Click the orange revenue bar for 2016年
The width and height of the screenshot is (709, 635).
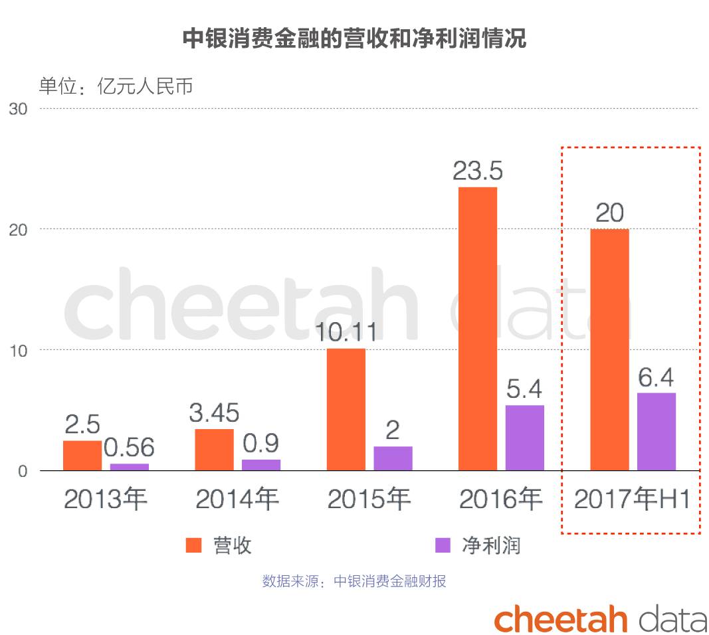tap(477, 329)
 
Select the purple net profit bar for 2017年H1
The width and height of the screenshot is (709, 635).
tap(656, 432)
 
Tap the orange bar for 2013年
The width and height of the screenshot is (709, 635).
tap(82, 456)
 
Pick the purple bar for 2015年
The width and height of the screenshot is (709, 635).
tap(393, 458)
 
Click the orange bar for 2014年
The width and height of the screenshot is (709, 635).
tap(214, 450)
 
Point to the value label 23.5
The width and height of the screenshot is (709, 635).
tap(477, 171)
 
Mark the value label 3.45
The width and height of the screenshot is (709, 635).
tap(213, 413)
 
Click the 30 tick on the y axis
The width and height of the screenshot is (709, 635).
tap(19, 109)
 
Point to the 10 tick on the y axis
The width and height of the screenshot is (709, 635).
tap(19, 350)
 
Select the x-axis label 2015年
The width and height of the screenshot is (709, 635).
tap(369, 499)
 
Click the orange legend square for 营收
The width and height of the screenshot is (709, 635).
tap(193, 545)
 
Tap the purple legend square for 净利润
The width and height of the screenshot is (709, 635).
tap(443, 545)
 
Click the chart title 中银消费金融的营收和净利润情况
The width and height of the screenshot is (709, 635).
tap(354, 39)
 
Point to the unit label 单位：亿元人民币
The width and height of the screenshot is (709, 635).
tap(116, 86)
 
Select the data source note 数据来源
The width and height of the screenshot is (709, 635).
tap(354, 581)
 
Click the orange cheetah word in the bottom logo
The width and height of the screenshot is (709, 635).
tap(560, 619)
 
